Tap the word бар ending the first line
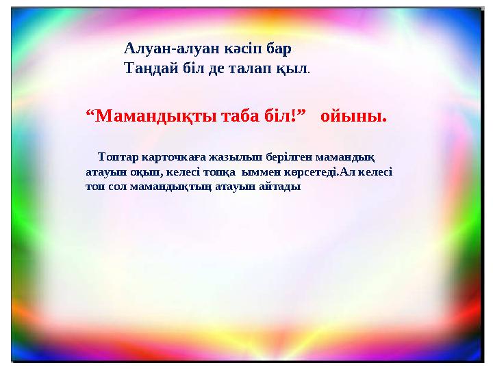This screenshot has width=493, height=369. click(x=279, y=49)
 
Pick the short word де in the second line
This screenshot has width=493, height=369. click(x=216, y=69)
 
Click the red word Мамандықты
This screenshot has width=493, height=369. click(x=156, y=117)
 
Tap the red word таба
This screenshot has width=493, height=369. click(x=240, y=116)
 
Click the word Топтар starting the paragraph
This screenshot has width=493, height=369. click(x=118, y=157)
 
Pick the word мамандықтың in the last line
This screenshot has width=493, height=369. click(x=170, y=187)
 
